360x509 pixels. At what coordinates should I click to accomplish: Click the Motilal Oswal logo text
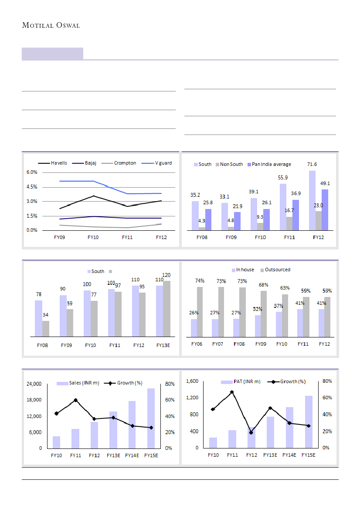[51, 25]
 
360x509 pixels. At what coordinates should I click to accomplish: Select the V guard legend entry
[163, 163]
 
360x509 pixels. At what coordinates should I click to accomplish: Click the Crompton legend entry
[125, 163]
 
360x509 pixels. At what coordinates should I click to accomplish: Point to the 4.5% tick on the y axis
[31, 187]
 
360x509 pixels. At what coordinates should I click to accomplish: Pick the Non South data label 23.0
[318, 205]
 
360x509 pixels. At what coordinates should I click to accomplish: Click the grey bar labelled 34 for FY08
[46, 329]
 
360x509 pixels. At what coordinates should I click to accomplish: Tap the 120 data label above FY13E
[166, 275]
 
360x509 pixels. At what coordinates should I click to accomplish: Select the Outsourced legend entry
[277, 270]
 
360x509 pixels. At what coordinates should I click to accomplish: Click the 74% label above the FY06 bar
[200, 281]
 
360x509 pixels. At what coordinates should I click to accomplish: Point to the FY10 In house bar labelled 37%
[279, 324]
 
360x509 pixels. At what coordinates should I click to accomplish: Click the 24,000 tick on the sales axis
[34, 384]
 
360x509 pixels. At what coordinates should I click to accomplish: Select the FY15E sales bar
[151, 418]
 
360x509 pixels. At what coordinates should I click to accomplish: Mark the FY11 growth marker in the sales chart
[75, 400]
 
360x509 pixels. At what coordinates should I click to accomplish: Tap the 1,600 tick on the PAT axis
[192, 381]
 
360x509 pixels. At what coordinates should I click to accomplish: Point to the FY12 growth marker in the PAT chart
[251, 432]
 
